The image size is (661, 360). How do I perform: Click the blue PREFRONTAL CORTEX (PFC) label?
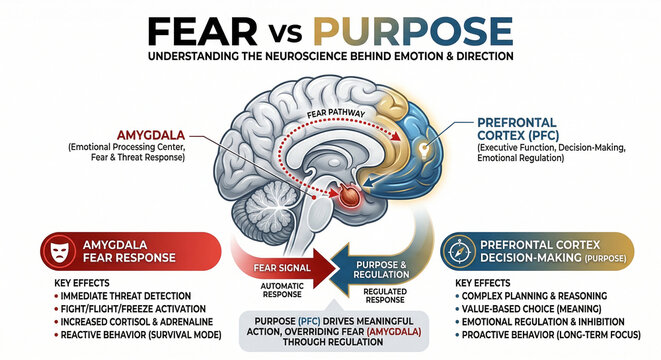[x=514, y=137]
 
